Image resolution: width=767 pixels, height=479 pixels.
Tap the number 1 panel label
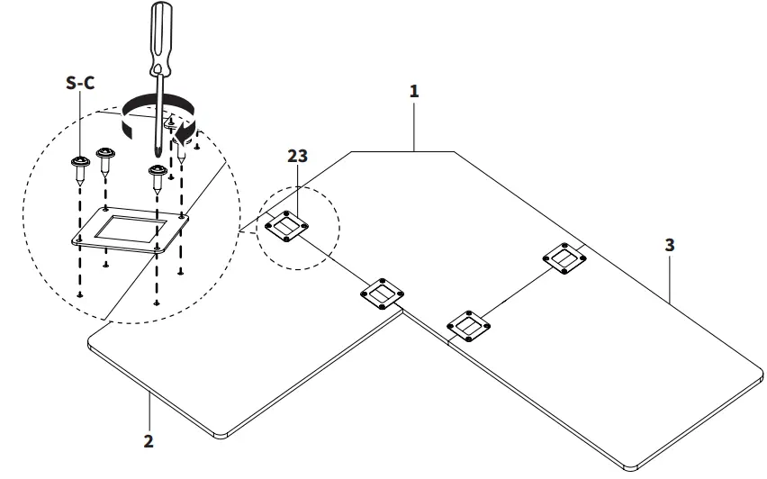414,91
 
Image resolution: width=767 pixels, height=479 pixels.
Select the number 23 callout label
298,155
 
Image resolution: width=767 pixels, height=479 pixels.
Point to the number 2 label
149,440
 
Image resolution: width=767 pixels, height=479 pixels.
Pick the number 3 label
669,244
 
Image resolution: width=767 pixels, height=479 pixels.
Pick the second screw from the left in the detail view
104,160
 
